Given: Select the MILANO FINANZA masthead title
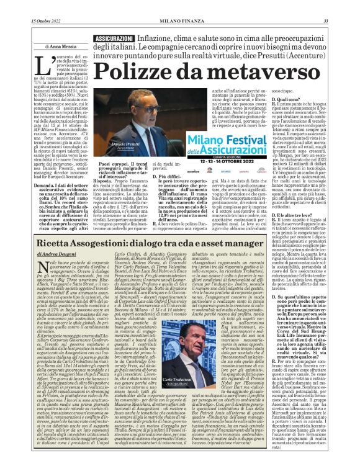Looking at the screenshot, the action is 180,6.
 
